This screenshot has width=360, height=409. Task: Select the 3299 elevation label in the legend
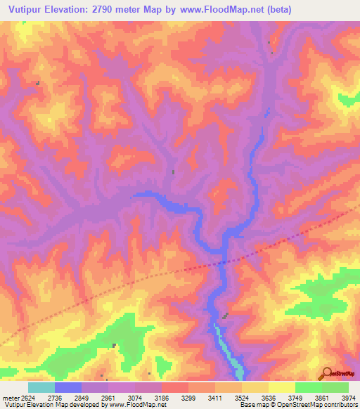pos(188,398)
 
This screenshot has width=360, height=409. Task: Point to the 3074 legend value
pos(136,398)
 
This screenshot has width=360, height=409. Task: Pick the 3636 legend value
pos(268,398)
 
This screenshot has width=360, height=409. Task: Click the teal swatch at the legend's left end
pos(41,387)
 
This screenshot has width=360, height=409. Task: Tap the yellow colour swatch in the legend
pos(281,387)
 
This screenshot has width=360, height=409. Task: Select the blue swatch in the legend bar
pos(68,387)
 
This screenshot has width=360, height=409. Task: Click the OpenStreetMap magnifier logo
pos(326,373)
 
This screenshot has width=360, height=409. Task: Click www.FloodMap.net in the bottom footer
pos(138,405)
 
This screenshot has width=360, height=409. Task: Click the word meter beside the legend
pos(11,398)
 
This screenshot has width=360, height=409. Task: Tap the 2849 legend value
pos(83,398)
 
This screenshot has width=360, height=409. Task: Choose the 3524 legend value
pos(241,398)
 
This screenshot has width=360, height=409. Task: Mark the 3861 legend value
pos(321,398)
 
